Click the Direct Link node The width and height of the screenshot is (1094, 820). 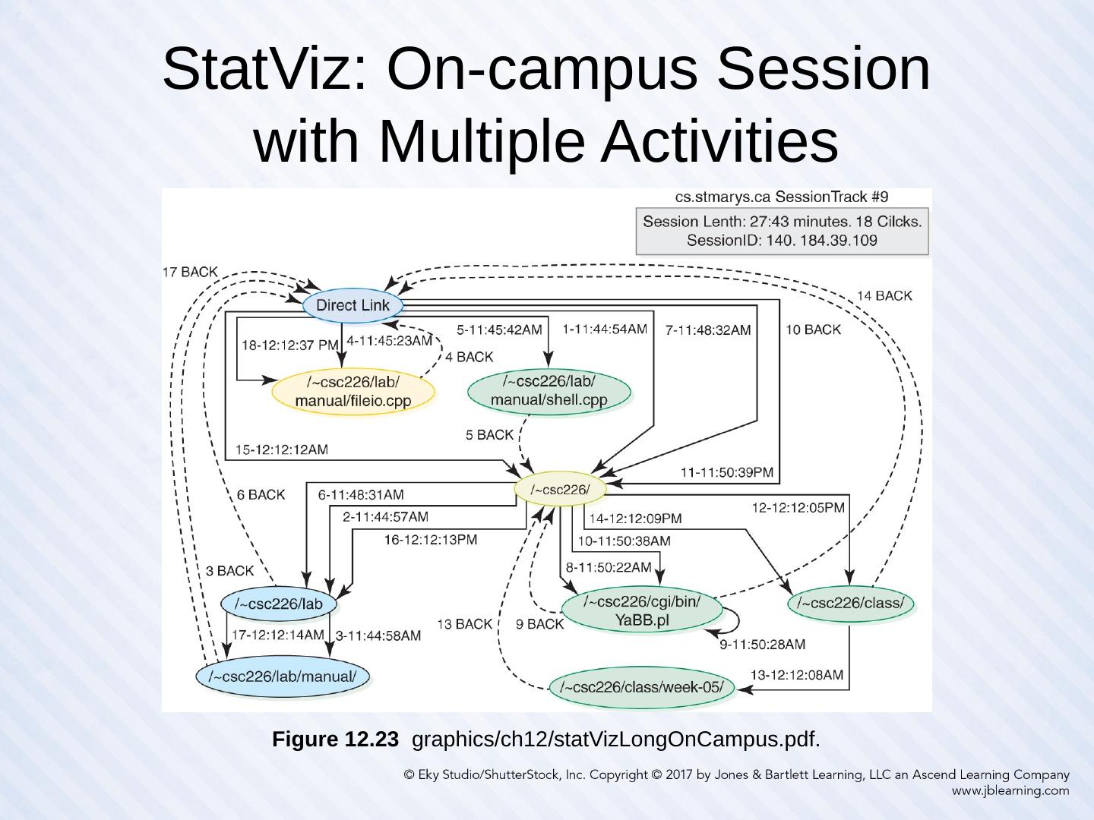point(353,305)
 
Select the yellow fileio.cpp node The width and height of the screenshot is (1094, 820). point(353,392)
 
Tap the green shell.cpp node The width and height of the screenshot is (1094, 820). point(549,390)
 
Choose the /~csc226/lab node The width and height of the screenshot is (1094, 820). point(279,604)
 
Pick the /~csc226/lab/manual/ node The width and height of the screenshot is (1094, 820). point(283,676)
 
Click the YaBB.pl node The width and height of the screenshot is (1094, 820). point(641,611)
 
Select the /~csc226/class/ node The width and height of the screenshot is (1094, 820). point(850,604)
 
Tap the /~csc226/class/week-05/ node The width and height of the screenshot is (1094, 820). point(642,688)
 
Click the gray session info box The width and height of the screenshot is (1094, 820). point(782,232)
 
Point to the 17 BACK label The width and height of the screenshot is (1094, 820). point(190,272)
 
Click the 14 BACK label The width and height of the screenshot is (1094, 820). point(884,295)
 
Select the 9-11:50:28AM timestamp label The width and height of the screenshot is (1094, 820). point(762,645)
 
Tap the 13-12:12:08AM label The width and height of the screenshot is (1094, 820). point(796,674)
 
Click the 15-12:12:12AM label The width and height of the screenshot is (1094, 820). point(282,449)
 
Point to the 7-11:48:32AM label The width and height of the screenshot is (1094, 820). point(707,330)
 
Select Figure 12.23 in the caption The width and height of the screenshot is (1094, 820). point(335,739)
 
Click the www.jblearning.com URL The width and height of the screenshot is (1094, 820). point(1010,790)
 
